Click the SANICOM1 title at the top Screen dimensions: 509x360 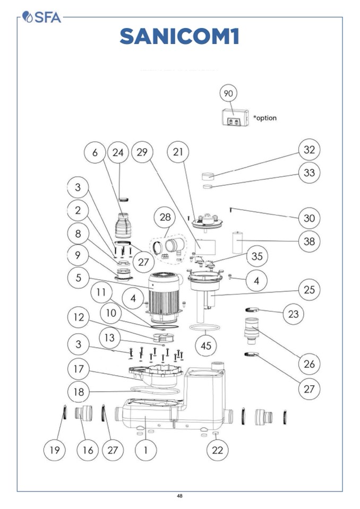[x=179, y=37]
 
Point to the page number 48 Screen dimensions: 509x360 [x=179, y=496]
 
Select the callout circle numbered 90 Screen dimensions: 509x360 [x=228, y=93]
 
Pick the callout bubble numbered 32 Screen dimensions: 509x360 [x=309, y=150]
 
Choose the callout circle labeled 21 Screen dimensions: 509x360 [x=178, y=152]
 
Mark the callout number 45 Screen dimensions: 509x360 [x=206, y=346]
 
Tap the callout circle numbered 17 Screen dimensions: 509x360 [x=79, y=368]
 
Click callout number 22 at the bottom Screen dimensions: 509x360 [x=217, y=450]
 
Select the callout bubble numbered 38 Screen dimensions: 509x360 [x=309, y=241]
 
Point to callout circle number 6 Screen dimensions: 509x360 [x=95, y=152]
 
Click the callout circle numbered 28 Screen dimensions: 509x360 [x=165, y=217]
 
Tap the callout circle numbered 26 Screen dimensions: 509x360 [x=309, y=364]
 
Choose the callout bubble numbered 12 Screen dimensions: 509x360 [x=79, y=317]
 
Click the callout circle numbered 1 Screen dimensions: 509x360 [x=146, y=450]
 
